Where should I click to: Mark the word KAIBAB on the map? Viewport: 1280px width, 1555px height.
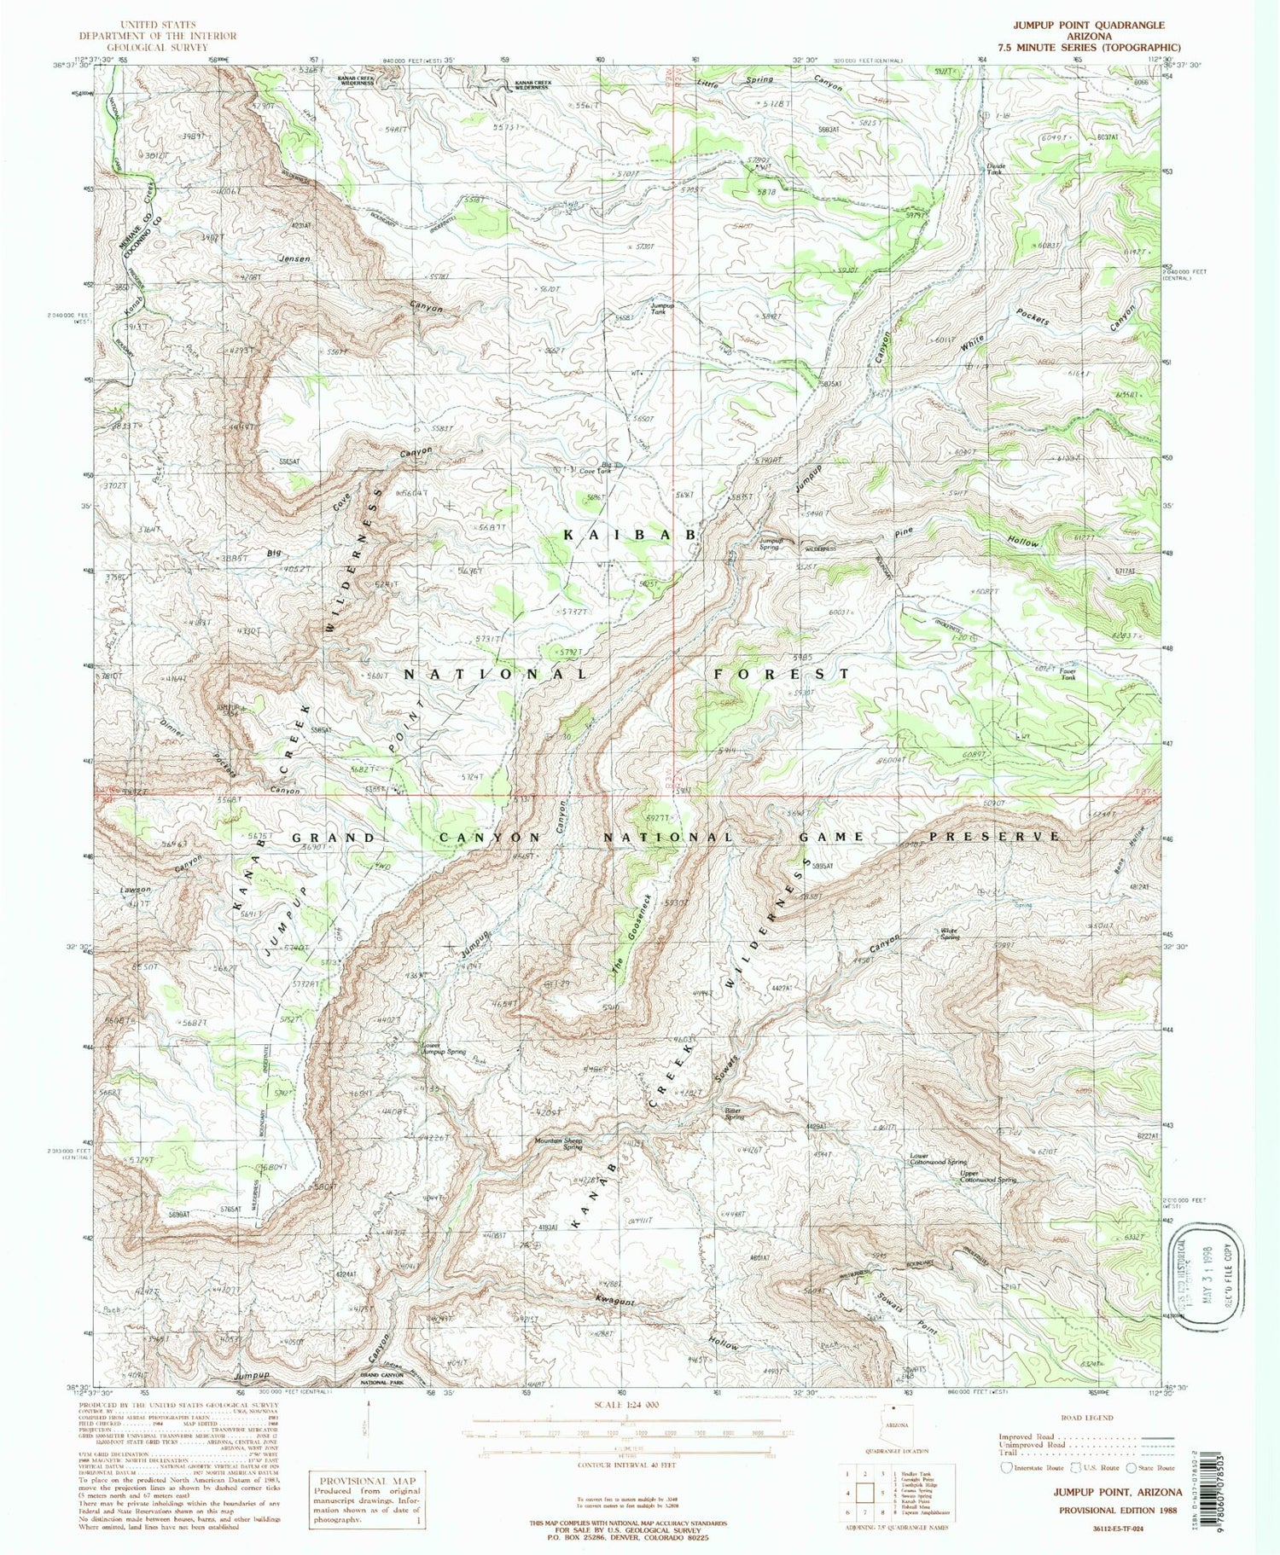click(631, 535)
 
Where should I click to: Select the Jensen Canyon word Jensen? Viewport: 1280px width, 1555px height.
click(292, 258)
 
